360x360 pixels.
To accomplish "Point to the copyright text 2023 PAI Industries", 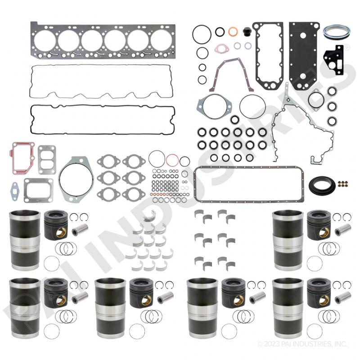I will (302, 344).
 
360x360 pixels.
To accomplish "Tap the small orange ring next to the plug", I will (233, 32).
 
